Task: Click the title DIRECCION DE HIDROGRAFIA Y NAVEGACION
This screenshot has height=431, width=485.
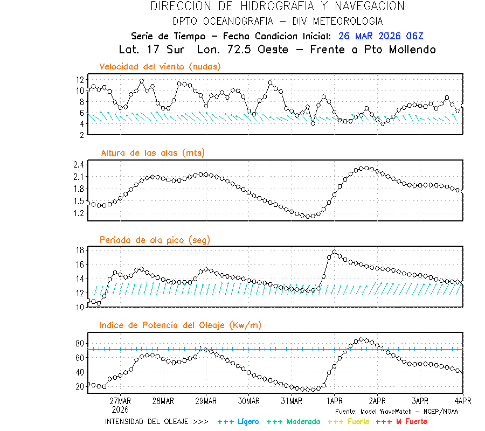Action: click(278, 6)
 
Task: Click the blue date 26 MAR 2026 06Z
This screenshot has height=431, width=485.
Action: click(381, 36)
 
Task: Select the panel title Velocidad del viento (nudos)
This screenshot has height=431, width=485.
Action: click(160, 67)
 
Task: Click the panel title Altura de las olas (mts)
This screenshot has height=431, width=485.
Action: click(153, 153)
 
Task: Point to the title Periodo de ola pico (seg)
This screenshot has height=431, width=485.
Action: click(155, 240)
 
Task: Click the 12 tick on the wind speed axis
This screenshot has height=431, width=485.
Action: click(79, 79)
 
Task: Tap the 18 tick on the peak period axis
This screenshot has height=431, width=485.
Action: click(79, 250)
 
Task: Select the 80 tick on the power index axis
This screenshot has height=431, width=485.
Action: click(79, 343)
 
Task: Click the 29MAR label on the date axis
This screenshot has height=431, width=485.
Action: click(205, 401)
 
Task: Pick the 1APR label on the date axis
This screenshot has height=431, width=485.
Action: click(334, 401)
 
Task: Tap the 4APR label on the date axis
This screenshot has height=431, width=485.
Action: click(462, 401)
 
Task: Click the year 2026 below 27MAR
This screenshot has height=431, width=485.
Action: click(120, 409)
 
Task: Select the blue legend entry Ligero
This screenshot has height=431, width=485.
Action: click(247, 421)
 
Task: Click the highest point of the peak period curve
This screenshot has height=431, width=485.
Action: click(334, 252)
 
